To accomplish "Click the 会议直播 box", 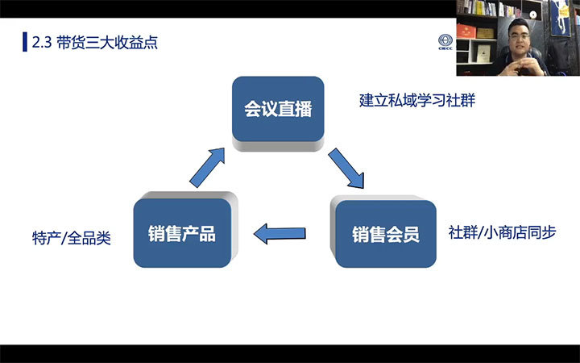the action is click(x=278, y=109).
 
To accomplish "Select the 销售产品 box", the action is click(x=182, y=233).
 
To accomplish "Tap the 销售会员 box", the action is click(x=386, y=234).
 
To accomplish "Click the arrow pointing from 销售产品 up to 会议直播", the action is click(x=207, y=168).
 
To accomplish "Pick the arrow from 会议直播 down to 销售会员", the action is click(x=346, y=168).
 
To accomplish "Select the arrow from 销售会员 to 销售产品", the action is click(x=280, y=234).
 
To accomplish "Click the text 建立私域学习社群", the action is click(x=417, y=100).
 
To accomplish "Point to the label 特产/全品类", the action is click(x=72, y=238).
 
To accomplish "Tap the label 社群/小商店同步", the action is click(x=503, y=232).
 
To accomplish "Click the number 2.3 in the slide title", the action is click(x=42, y=43).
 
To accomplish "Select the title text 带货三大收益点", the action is click(x=107, y=42).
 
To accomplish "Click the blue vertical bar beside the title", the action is click(x=25, y=42).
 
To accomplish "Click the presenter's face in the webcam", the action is click(x=519, y=37).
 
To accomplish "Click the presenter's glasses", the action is click(x=519, y=36).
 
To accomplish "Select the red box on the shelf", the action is click(x=466, y=31).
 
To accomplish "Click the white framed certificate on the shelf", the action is click(x=483, y=53).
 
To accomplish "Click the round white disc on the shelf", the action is click(x=533, y=15).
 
